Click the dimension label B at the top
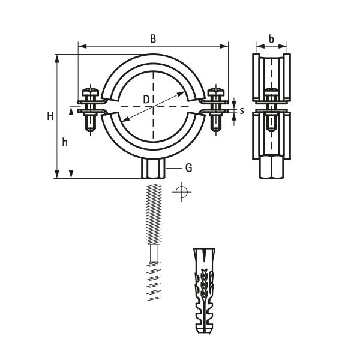tap(153, 38)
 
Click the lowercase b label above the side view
tap(271, 39)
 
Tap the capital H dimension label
tap(50, 116)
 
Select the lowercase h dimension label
tap(65, 142)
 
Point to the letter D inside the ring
tap(146, 100)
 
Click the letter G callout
tap(188, 168)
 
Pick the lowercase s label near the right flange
tap(242, 111)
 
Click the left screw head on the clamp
tap(90, 92)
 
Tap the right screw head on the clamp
tap(216, 92)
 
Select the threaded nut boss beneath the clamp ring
tap(153, 169)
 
